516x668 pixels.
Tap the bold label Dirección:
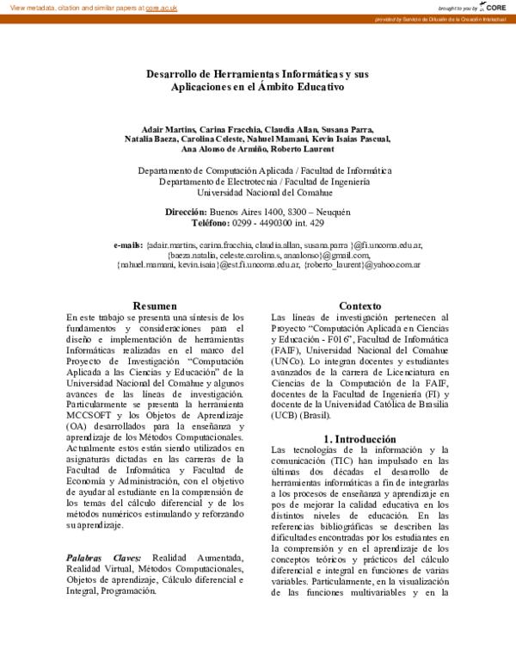[x=186, y=212]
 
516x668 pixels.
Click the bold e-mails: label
[x=128, y=245]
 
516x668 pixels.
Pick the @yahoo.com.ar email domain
[x=391, y=266]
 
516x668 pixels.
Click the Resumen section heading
[x=155, y=306]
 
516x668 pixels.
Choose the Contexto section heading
[x=360, y=306]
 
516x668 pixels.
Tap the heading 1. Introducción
[x=360, y=438]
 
